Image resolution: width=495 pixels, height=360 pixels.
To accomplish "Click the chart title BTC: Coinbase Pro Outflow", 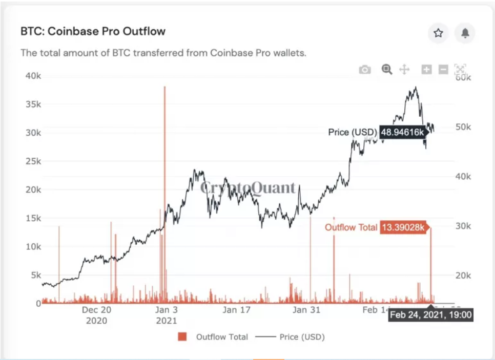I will (x=93, y=31).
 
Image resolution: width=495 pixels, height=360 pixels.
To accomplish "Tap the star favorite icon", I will (x=438, y=33).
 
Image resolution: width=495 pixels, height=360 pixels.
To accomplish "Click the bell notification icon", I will (x=465, y=33).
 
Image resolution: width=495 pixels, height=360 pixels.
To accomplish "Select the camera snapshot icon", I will (x=365, y=70).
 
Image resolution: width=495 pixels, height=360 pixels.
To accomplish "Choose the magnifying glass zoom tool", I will (x=387, y=69).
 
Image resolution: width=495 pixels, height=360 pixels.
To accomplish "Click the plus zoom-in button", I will (x=426, y=70).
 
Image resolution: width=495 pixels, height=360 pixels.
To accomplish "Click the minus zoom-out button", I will (x=443, y=70).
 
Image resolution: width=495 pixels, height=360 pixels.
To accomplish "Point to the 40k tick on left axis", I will (x=33, y=76).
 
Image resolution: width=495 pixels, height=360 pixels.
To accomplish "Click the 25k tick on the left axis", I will (x=33, y=161).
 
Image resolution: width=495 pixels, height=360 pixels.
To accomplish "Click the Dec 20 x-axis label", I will (x=96, y=310).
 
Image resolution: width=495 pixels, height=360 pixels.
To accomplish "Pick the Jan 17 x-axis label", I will (x=237, y=310).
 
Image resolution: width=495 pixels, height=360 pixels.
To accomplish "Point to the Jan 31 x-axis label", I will (x=307, y=310).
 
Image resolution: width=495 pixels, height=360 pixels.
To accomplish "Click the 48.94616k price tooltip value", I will (x=402, y=133).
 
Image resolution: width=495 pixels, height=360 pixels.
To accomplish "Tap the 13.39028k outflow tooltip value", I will (x=402, y=227).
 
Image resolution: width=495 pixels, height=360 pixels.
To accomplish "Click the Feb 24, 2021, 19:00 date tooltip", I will (x=430, y=315).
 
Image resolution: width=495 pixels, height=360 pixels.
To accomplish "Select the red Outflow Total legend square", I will (x=182, y=336).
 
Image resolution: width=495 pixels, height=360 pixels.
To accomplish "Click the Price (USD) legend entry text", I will (x=302, y=336).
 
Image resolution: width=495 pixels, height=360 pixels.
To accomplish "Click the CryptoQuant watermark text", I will (x=247, y=188).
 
